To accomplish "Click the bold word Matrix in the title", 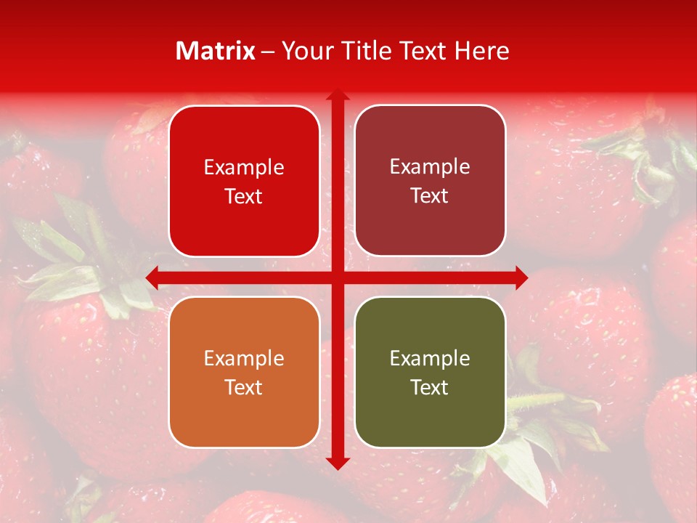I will (216, 51).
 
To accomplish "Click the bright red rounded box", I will (244, 182).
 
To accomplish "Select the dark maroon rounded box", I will (430, 181).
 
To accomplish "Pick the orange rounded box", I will (244, 372).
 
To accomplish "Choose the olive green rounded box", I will (430, 372).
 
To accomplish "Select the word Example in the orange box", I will (244, 358).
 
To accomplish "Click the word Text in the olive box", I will (430, 387).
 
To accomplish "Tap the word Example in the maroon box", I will (430, 167).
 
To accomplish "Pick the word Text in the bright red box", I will (244, 197).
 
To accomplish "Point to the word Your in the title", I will (304, 51).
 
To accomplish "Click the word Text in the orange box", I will (244, 387).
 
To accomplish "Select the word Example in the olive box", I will (430, 358).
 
